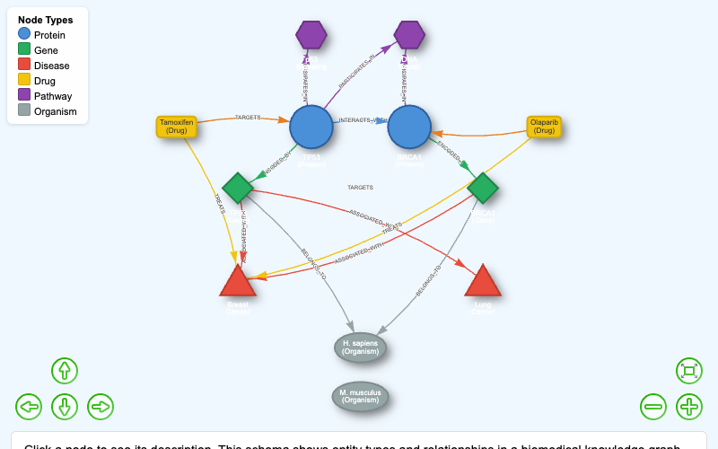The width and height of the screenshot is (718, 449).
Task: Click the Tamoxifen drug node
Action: (x=177, y=127)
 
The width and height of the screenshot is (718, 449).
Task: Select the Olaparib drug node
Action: (x=544, y=127)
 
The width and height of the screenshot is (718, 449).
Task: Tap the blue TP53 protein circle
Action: (x=311, y=127)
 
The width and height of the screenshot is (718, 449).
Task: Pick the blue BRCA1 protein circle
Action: (x=409, y=127)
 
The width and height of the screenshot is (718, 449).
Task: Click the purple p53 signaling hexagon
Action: (x=311, y=35)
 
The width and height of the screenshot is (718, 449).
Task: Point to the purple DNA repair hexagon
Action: (x=409, y=35)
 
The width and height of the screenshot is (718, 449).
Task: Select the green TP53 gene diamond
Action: (x=238, y=188)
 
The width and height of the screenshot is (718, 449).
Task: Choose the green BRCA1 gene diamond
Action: (x=483, y=188)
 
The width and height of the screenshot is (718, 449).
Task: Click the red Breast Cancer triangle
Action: (x=238, y=282)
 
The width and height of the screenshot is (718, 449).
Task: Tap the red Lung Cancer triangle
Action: (x=483, y=282)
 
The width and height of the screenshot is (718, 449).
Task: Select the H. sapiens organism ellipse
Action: (x=360, y=348)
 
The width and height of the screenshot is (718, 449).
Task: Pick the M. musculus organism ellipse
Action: (x=360, y=396)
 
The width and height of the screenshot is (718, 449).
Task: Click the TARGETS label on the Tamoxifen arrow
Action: (x=248, y=118)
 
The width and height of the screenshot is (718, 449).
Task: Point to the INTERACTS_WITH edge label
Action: (x=362, y=119)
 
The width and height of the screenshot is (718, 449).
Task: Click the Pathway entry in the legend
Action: (x=53, y=96)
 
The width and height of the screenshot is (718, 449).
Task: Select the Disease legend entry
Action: (x=51, y=66)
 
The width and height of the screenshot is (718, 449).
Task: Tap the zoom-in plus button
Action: (x=689, y=407)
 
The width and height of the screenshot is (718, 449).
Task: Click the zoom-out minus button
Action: (x=653, y=407)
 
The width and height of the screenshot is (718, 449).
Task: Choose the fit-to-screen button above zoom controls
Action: (x=689, y=370)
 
